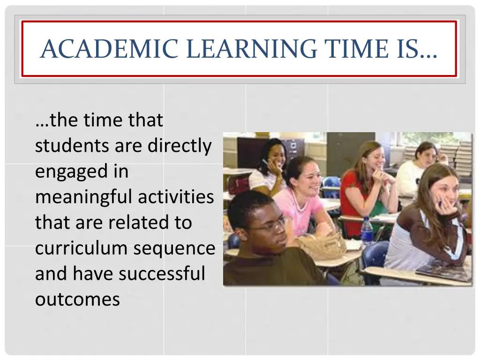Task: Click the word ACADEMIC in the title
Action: [109, 49]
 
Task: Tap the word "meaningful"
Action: [83, 197]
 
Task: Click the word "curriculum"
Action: [81, 248]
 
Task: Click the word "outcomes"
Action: [77, 299]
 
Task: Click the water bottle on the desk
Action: [367, 231]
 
